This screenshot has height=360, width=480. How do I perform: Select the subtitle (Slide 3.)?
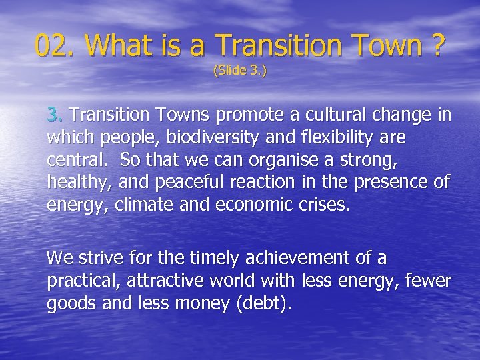click(x=239, y=70)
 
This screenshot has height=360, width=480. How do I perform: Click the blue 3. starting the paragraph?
click(x=55, y=115)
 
